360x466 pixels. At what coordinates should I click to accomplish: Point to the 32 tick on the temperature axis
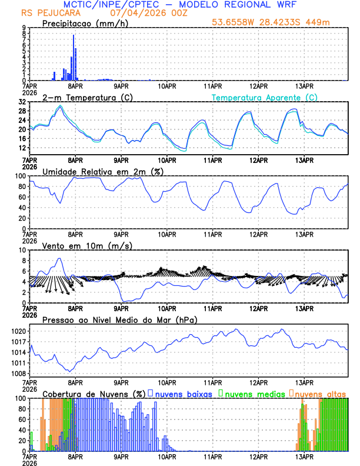(21, 102)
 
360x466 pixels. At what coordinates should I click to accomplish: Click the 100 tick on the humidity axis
(19, 176)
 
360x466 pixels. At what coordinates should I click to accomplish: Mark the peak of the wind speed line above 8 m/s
(59, 258)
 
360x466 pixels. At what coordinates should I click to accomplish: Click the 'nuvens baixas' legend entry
(184, 393)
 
